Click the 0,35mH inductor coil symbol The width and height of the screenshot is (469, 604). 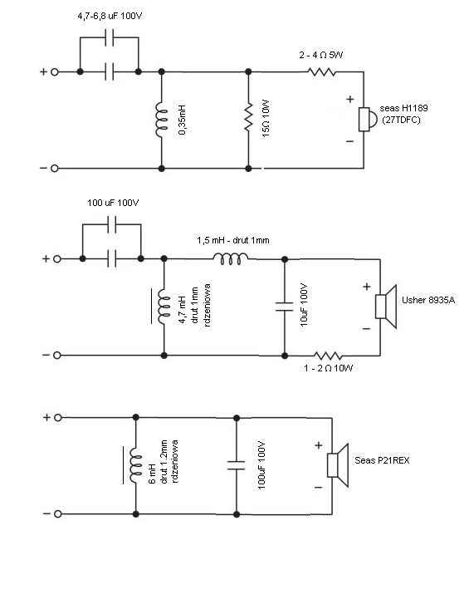pos(163,120)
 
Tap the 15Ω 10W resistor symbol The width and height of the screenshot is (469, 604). pos(248,116)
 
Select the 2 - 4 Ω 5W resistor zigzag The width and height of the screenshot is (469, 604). pos(321,71)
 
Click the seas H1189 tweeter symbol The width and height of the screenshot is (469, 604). pos(367,120)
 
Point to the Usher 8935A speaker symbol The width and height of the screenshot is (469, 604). pos(386,307)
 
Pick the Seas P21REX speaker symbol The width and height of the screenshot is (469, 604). pos(338,465)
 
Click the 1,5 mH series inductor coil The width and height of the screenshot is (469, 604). pos(231,259)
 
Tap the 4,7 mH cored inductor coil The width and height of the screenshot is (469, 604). pos(164,307)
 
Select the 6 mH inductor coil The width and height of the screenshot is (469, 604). pos(135,466)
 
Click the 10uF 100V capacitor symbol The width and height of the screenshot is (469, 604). pos(285,307)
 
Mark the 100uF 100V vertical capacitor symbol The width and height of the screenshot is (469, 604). pos(237,465)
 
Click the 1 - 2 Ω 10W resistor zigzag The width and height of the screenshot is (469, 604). pos(328,356)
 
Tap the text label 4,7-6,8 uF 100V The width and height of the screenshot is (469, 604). pos(110,16)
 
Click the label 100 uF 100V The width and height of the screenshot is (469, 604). pos(113,203)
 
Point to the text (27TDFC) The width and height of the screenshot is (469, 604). pos(401,120)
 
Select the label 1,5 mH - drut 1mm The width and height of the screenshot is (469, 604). pos(233,240)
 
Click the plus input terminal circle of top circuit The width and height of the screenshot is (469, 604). pos(55,71)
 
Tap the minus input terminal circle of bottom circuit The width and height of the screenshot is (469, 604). pos(58,514)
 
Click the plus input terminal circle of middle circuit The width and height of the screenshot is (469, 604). pos(57,259)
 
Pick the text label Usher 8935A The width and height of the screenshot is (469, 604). pos(428,300)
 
